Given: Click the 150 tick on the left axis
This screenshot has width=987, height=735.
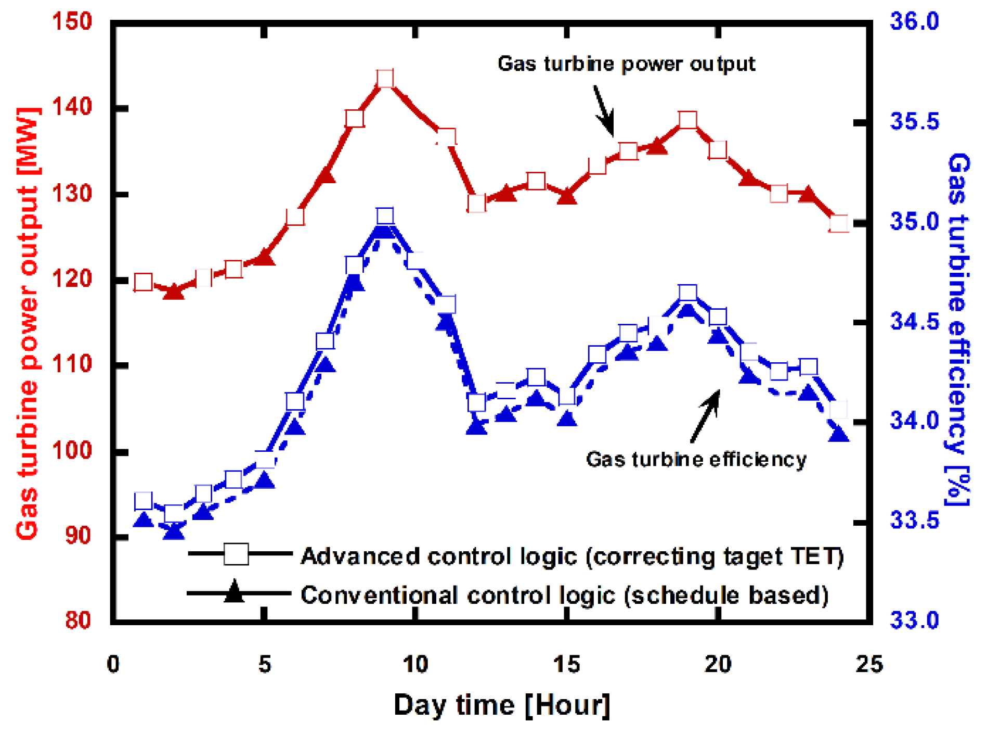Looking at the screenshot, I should coord(72,22).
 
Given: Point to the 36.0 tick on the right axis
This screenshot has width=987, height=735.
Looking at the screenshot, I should coord(914,22).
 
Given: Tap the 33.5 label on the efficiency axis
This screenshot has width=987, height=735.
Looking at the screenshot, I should coord(914,520).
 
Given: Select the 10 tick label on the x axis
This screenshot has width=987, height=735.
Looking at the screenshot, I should coord(415,665).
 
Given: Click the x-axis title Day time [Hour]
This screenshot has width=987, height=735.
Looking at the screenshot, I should coord(501,705).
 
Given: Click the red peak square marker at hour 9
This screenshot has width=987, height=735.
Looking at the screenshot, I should coord(385,79).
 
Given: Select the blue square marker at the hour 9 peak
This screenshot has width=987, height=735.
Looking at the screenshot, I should coord(385,216).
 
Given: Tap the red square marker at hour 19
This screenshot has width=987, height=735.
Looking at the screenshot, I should coord(688,120).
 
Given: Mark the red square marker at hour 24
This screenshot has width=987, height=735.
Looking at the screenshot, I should coord(839,224).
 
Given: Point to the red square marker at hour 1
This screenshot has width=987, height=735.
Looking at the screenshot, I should coord(143,282).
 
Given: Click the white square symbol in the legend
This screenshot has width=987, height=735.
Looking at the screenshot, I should coord(236,554).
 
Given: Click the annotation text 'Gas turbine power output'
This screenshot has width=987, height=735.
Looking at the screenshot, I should coord(626,64).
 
